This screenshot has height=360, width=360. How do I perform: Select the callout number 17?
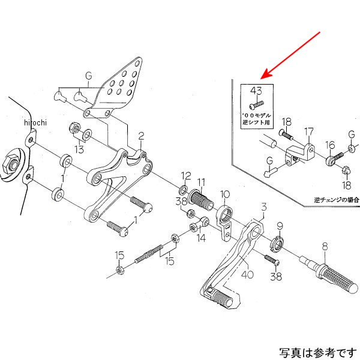tap(308, 131)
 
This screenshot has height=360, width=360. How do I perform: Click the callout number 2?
tap(142, 136)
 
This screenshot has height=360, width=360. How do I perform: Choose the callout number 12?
tap(186, 176)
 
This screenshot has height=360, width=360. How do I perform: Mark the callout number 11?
tap(201, 182)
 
